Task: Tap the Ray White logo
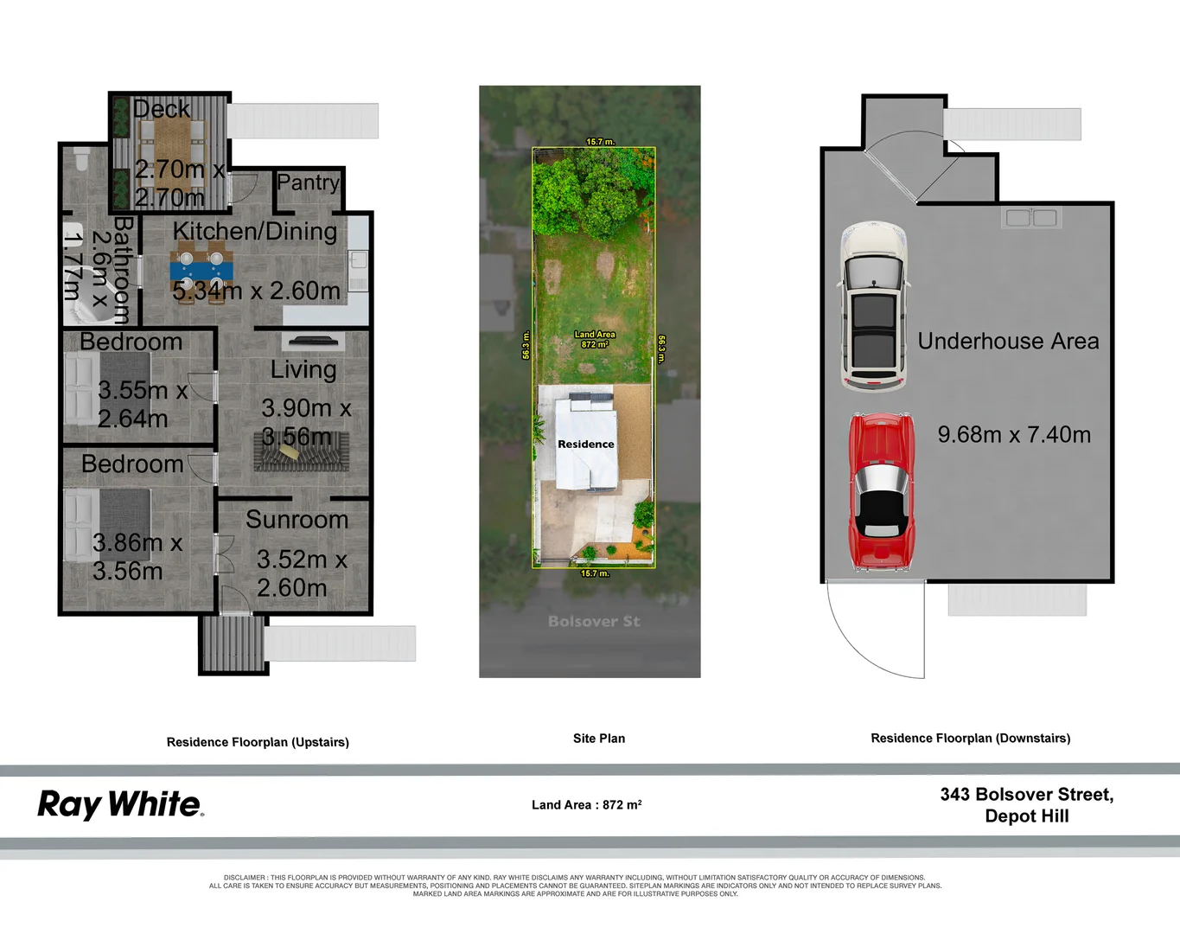pyautogui.click(x=120, y=804)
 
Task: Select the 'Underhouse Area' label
pyautogui.click(x=1008, y=342)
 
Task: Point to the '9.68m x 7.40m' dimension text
pyautogui.click(x=1014, y=434)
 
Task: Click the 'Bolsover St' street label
pyautogui.click(x=594, y=621)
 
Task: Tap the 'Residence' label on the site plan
pyautogui.click(x=585, y=444)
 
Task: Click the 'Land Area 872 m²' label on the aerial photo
pyautogui.click(x=595, y=339)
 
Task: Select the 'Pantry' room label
pyautogui.click(x=308, y=182)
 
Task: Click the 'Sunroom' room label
pyautogui.click(x=297, y=519)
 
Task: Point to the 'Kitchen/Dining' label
pyautogui.click(x=255, y=231)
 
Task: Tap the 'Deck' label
pyautogui.click(x=161, y=109)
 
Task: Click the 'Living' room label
pyautogui.click(x=303, y=369)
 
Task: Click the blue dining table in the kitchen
pyautogui.click(x=201, y=270)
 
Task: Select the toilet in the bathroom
pyautogui.click(x=82, y=160)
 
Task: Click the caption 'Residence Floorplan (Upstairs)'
pyautogui.click(x=258, y=742)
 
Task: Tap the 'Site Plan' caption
pyautogui.click(x=598, y=739)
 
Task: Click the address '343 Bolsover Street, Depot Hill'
pyautogui.click(x=1026, y=805)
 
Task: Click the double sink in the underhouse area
pyautogui.click(x=1031, y=217)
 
